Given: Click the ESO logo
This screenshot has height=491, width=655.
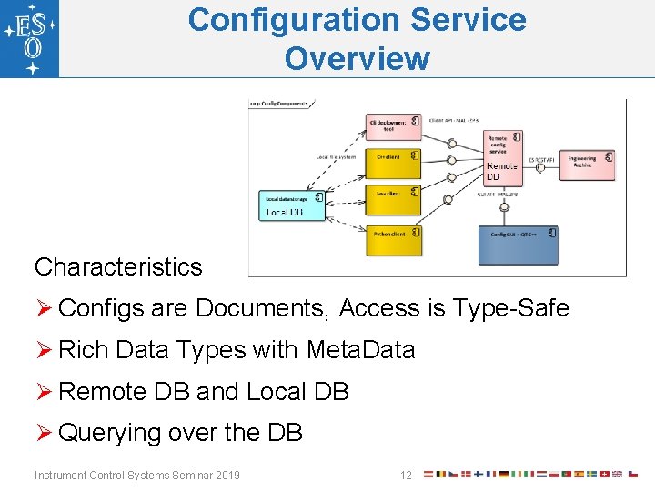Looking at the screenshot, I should click(x=29, y=38).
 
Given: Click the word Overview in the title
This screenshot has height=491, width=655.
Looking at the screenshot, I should click(x=357, y=58).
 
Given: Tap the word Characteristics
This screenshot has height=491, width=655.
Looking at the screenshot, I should click(x=118, y=266).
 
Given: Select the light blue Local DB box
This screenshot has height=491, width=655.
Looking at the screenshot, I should click(x=293, y=204).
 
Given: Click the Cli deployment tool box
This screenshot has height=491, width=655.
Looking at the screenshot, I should click(x=394, y=126).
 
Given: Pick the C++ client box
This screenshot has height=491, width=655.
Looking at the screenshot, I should click(x=393, y=162).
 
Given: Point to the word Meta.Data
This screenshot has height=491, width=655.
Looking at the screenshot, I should click(x=360, y=350).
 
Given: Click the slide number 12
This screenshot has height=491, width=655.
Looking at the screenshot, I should click(x=406, y=475).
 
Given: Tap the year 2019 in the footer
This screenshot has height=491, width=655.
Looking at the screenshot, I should click(x=226, y=475).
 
